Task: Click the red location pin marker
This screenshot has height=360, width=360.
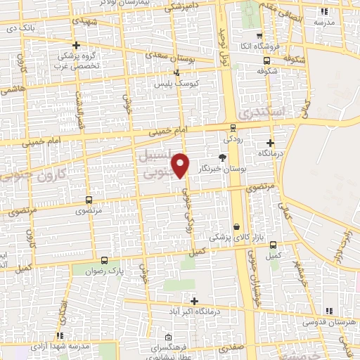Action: (x=181, y=164)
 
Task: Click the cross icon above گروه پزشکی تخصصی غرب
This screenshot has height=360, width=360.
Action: (x=76, y=45)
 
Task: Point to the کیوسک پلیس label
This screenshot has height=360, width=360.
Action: (x=176, y=83)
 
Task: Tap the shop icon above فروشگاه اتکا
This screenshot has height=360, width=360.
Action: (x=260, y=36)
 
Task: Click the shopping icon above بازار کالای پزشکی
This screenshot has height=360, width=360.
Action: (x=236, y=226)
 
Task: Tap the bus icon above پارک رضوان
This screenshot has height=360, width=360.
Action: (x=104, y=259)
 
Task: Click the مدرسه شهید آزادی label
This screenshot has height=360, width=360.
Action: (x=60, y=346)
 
